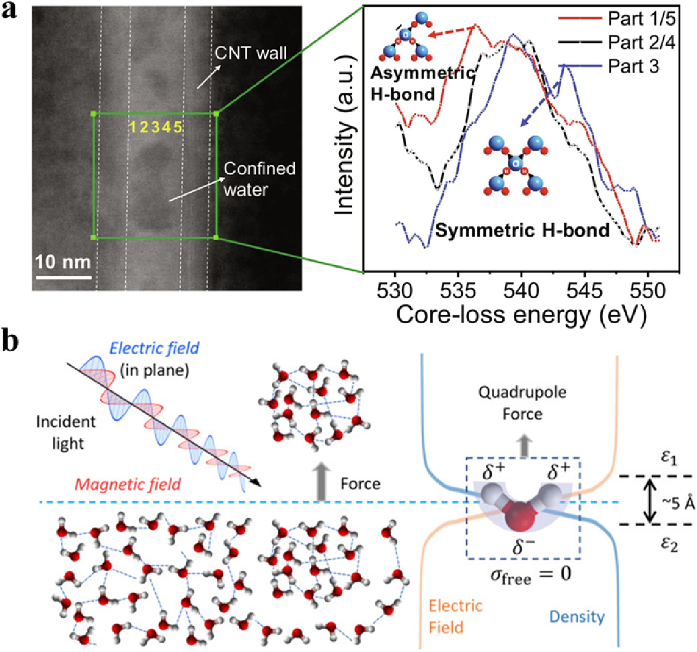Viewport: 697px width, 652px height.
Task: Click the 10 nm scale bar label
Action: (x=63, y=263)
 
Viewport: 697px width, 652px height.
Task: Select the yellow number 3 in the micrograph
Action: (x=156, y=127)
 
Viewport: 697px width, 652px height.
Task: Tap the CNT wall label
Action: (x=251, y=53)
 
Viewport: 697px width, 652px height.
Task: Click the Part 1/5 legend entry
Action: (x=641, y=19)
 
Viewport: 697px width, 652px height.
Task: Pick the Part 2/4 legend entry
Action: (x=641, y=42)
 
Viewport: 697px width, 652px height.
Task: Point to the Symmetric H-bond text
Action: (x=523, y=231)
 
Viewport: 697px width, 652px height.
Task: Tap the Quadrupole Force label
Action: (x=523, y=403)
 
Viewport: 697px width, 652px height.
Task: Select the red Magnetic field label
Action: (x=128, y=484)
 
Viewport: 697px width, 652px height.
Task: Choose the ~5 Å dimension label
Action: (x=679, y=503)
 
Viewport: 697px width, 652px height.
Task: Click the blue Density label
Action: (x=577, y=616)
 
